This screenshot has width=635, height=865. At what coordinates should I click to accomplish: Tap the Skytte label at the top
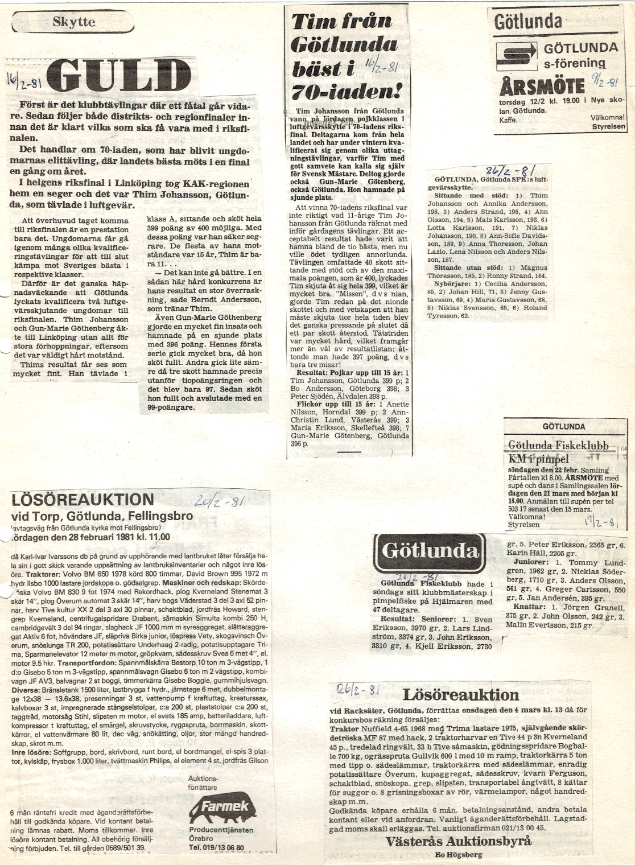click(x=74, y=23)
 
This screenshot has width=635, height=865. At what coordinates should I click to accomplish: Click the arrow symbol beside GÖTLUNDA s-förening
click(x=514, y=55)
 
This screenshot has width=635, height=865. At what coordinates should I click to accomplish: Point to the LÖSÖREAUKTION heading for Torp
click(x=83, y=500)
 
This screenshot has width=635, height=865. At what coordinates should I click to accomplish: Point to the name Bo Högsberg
click(x=458, y=855)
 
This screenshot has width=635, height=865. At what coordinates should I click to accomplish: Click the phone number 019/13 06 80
click(x=216, y=847)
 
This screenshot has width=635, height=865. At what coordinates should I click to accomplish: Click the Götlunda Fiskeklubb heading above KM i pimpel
click(x=558, y=446)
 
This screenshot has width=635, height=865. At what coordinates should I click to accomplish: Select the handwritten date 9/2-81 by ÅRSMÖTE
click(x=605, y=81)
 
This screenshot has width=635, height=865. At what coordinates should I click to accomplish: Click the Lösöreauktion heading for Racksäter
click(x=460, y=695)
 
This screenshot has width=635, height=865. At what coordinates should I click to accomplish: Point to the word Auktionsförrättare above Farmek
click(x=202, y=782)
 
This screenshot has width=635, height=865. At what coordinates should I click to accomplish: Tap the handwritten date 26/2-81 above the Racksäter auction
click(x=358, y=690)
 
